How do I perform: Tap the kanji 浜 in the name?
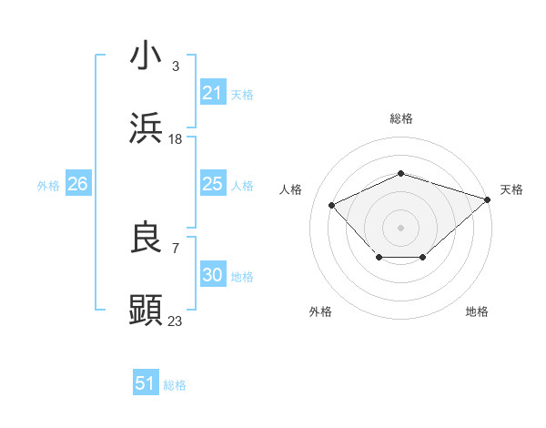[x=147, y=128]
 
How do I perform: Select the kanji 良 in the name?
[x=147, y=239]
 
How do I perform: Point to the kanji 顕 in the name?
[x=147, y=311]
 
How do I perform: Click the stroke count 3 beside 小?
[x=176, y=66]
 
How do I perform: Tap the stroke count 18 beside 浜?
[x=176, y=139]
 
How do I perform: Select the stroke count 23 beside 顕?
[x=176, y=321]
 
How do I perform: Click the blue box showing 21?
[x=212, y=93]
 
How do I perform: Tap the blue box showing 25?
[x=212, y=184]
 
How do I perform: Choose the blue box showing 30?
[x=212, y=275]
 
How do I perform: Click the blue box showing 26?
[x=77, y=184]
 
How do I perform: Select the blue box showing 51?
[x=146, y=383]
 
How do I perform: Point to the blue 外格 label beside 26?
[x=48, y=186]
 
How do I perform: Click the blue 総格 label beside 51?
[x=175, y=385]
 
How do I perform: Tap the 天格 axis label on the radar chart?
[x=511, y=189]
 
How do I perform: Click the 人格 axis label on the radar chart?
[x=291, y=189]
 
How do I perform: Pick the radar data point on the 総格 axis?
[x=400, y=173]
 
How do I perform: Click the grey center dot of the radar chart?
[x=400, y=227]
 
